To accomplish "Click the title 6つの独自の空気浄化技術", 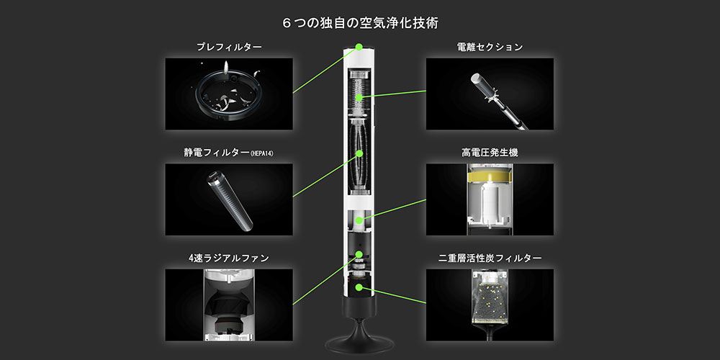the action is point(360,24).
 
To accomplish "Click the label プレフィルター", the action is point(229,48).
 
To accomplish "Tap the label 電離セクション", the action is point(490,48).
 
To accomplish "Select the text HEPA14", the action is point(263,154).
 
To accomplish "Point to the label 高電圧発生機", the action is point(490,153).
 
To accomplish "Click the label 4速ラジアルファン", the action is point(229,258).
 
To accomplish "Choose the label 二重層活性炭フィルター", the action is point(490,258).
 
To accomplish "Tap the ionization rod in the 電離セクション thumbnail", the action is point(498,101).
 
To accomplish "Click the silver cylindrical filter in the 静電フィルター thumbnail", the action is point(229,201).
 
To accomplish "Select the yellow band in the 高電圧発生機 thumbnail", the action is point(490,177).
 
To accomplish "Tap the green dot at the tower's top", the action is point(359,46).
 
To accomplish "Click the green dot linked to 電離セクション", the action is point(360,97).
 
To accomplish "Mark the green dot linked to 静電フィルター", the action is point(359,153).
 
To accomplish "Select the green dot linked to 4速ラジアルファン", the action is point(359,254).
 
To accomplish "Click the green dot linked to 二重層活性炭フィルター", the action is point(359,287).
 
